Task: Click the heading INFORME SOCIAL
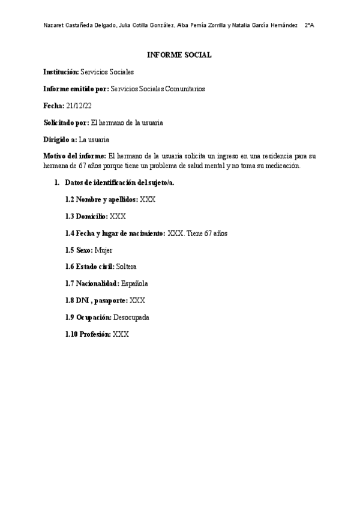[x=179, y=55]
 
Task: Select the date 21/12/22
[x=79, y=106]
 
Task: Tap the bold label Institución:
[x=61, y=72]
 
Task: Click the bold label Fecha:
[x=54, y=106]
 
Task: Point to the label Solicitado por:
[x=65, y=122]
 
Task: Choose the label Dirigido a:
[x=60, y=139]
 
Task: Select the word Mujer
[x=103, y=249]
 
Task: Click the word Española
[x=134, y=283]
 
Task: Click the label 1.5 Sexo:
[x=79, y=249]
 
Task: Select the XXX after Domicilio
[x=118, y=215]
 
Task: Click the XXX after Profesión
[x=121, y=333]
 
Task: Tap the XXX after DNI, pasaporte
[x=137, y=300]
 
